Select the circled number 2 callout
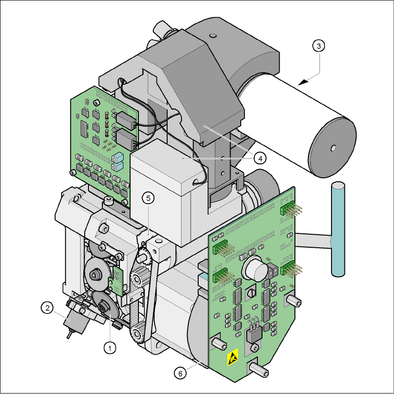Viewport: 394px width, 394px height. [47, 307]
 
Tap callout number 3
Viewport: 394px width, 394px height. [319, 46]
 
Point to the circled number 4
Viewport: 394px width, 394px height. [260, 158]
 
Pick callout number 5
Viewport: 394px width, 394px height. [148, 198]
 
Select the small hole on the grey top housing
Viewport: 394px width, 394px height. [213, 36]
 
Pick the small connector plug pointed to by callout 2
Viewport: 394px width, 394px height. [75, 322]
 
